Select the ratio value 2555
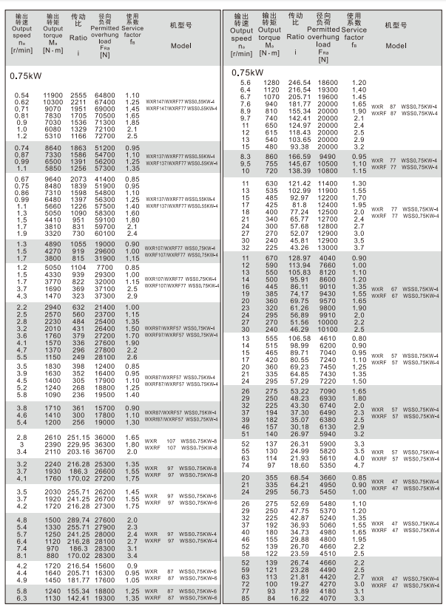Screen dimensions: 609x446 point(78,95)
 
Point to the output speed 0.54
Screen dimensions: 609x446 point(22,95)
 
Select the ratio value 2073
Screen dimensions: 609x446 point(78,180)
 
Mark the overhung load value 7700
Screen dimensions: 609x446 point(106,266)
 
